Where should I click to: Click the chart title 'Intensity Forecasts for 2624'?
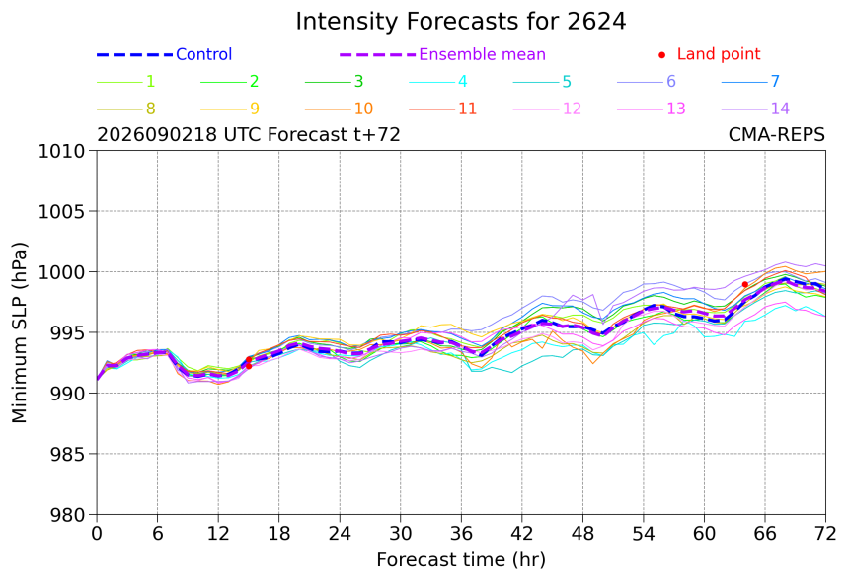point(461,22)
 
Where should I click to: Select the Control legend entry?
point(164,54)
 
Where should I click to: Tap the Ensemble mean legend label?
point(482,54)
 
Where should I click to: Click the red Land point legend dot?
point(661,55)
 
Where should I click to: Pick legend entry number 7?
point(750,82)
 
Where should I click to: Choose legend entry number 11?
point(443,109)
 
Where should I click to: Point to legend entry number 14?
point(755,109)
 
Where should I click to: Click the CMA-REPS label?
point(777,134)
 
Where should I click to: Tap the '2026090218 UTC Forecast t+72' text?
point(249,134)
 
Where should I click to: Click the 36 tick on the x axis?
point(461,534)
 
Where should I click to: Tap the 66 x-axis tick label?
point(765,534)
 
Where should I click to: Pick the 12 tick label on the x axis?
point(218,534)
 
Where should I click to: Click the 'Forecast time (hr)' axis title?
point(461,560)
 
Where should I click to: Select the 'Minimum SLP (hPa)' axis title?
point(19,332)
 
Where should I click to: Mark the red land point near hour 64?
point(745,284)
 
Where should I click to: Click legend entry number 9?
point(230,109)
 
